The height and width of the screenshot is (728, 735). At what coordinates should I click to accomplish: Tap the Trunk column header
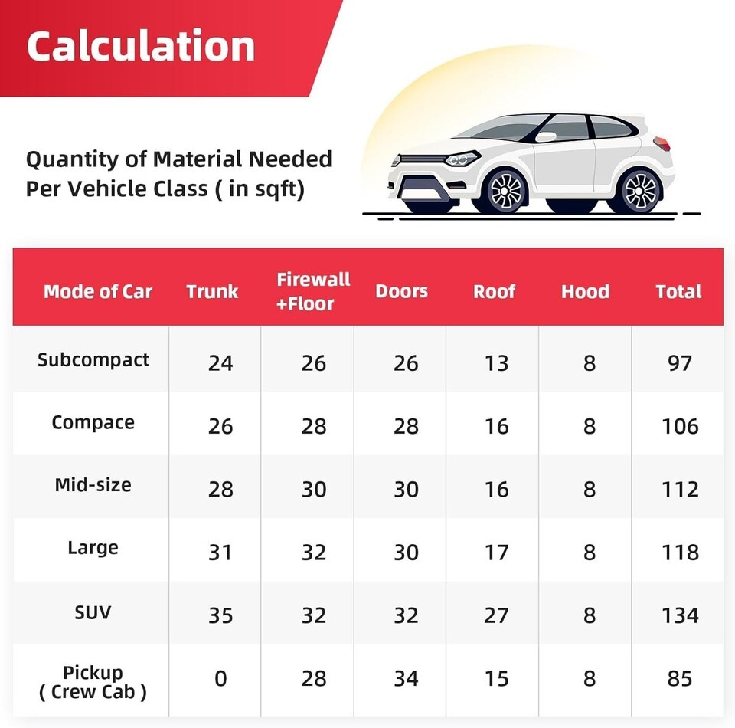click(212, 292)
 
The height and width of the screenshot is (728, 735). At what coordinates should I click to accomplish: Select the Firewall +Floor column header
click(313, 291)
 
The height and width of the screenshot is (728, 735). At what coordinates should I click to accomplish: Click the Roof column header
click(494, 292)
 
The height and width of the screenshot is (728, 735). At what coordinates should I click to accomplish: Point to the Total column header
click(678, 292)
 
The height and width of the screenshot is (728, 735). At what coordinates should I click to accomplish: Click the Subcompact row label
click(93, 359)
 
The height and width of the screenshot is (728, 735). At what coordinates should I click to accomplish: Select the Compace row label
click(93, 422)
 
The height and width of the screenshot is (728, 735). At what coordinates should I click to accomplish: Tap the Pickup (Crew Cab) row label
click(93, 682)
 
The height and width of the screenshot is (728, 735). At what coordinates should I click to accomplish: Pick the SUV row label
click(93, 612)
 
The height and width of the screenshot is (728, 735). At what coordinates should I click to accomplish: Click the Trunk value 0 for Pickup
click(220, 678)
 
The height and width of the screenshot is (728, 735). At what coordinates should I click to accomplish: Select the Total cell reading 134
click(680, 615)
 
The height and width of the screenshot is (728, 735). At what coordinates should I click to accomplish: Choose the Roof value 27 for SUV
click(496, 615)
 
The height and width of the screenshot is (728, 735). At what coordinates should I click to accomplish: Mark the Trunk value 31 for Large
click(220, 552)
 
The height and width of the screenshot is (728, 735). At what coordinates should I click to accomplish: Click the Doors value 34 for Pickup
click(406, 678)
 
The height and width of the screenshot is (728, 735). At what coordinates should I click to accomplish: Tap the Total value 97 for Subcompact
click(680, 362)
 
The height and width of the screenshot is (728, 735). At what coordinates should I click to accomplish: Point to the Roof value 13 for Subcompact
click(496, 362)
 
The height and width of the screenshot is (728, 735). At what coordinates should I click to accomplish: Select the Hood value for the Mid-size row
click(589, 489)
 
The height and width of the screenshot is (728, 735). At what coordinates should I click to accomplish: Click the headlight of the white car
click(462, 159)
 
